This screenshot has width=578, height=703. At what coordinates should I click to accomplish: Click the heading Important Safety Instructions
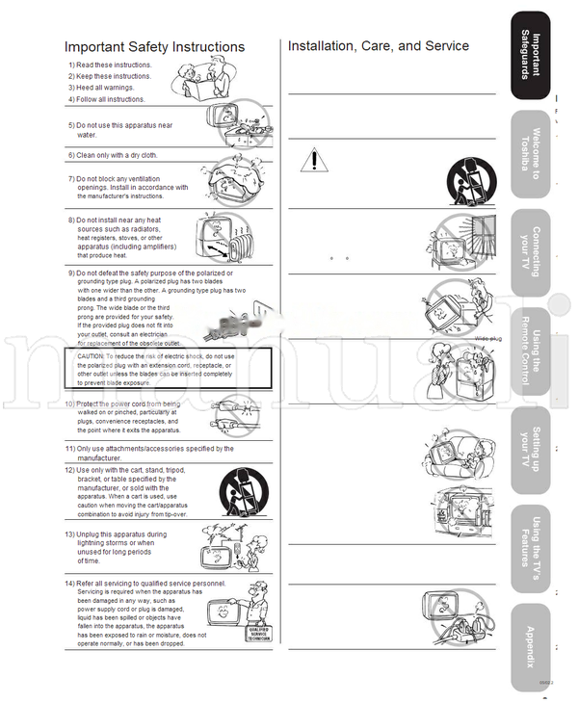(x=154, y=47)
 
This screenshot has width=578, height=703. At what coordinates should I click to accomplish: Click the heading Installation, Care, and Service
(x=379, y=46)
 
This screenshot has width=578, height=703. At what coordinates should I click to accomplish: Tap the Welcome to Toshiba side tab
(x=531, y=154)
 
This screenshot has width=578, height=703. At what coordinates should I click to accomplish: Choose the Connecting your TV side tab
(x=531, y=252)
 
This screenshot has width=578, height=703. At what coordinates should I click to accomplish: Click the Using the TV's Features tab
(x=531, y=549)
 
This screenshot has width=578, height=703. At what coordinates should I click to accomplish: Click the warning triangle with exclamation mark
(x=313, y=160)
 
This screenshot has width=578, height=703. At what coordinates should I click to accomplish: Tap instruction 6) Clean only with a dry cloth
(x=112, y=155)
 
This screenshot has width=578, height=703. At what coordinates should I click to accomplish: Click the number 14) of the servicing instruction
(x=70, y=584)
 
